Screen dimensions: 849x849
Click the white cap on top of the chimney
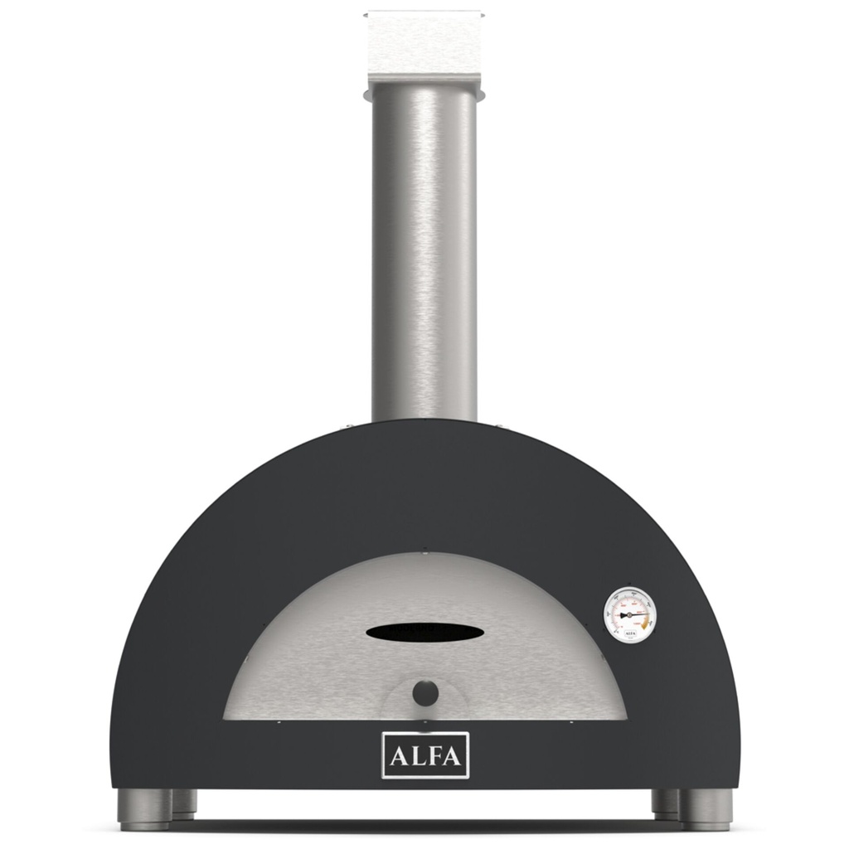click(x=424, y=41)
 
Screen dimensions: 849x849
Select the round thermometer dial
click(x=630, y=614)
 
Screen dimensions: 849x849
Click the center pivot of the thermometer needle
click(x=630, y=614)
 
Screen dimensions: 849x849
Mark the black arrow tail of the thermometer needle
click(x=618, y=614)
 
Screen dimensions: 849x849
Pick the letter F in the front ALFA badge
click(x=435, y=755)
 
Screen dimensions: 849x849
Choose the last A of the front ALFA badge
click(x=455, y=755)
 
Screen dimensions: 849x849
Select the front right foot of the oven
click(x=706, y=808)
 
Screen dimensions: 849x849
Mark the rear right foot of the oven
click(x=665, y=802)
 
